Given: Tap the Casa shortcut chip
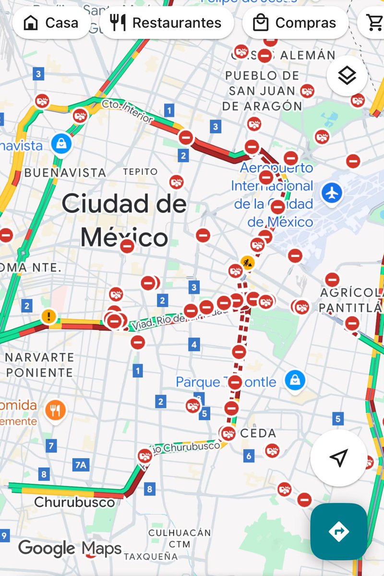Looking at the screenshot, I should (x=51, y=23).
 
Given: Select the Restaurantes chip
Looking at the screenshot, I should (x=166, y=23).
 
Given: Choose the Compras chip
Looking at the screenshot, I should (x=295, y=23).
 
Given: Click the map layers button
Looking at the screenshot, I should (x=347, y=75).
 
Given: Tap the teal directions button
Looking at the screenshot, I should (x=338, y=531).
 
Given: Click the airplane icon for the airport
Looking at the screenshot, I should (x=332, y=193).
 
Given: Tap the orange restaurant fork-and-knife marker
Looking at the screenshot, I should (x=56, y=409).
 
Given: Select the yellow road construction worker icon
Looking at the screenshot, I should (x=248, y=263).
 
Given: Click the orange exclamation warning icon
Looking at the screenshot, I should (x=48, y=316).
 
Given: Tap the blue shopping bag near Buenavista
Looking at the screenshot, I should (x=62, y=143).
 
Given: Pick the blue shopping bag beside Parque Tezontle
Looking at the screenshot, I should (x=295, y=381).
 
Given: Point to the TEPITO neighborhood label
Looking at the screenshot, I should (x=140, y=171).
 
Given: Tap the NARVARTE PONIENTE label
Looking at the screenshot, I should (x=39, y=365).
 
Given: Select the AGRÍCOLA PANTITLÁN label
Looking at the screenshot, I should (x=351, y=300).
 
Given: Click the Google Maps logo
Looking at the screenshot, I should (x=70, y=548).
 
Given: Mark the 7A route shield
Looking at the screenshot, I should (x=81, y=464).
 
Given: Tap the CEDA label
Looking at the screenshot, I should (x=258, y=433).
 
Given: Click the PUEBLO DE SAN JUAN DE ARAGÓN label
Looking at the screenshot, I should (x=262, y=91).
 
